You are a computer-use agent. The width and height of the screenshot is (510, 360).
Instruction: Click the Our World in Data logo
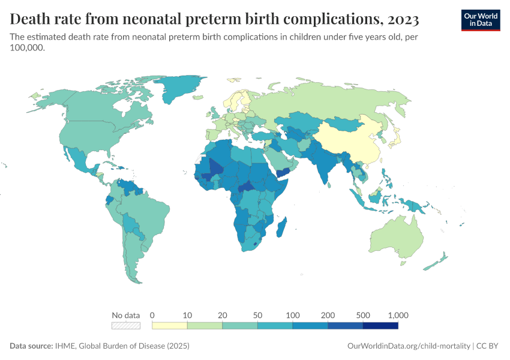(x=480, y=19)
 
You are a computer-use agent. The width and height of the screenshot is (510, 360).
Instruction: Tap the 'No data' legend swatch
(x=126, y=326)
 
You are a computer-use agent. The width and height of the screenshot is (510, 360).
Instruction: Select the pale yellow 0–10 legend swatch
(x=169, y=326)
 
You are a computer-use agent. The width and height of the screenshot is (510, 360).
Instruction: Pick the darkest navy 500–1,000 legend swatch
(x=380, y=326)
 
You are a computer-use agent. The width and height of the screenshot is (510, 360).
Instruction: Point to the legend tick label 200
(x=328, y=315)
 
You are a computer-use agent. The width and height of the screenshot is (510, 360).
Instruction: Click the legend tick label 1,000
(x=398, y=315)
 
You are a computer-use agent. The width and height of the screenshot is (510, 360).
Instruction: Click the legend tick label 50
(x=257, y=315)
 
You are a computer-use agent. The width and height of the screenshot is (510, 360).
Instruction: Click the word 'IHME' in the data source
(x=64, y=346)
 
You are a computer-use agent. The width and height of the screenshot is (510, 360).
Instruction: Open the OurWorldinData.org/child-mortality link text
(x=409, y=346)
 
